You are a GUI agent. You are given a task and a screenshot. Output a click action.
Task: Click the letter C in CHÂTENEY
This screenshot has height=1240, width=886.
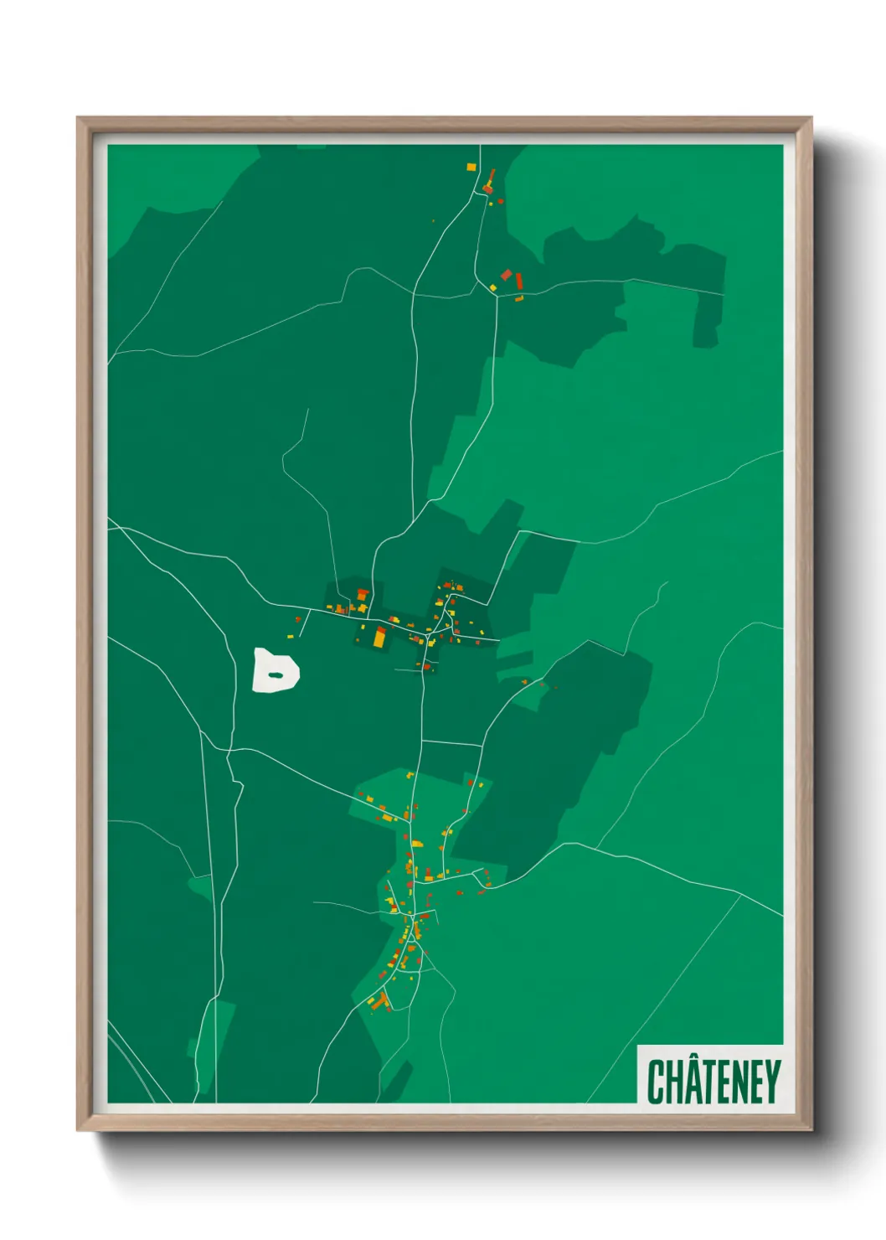tap(656, 1082)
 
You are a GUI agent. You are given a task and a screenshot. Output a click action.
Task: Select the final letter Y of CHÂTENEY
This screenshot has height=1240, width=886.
tap(772, 1082)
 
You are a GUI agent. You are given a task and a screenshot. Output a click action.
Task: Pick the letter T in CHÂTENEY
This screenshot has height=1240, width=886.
tap(708, 1082)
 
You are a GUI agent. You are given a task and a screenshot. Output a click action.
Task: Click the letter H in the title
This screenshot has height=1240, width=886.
tap(674, 1082)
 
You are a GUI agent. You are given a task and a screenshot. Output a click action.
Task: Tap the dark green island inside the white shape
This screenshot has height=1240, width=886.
tap(275, 675)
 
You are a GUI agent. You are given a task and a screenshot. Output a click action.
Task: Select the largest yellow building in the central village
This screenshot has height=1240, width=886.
tap(379, 638)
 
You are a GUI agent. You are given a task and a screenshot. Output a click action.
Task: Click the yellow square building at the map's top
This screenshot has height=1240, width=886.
tap(471, 168)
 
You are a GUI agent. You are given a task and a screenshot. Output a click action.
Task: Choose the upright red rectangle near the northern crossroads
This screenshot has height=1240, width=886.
tap(519, 280)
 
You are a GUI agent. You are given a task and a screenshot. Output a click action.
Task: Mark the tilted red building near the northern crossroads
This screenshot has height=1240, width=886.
tap(506, 275)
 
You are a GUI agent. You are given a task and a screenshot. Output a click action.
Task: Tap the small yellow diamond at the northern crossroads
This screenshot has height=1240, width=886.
tap(493, 288)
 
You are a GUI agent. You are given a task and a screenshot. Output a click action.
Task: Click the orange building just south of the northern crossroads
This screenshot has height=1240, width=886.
tap(519, 298)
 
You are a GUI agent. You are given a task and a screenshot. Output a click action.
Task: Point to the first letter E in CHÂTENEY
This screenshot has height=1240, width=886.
tap(723, 1082)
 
